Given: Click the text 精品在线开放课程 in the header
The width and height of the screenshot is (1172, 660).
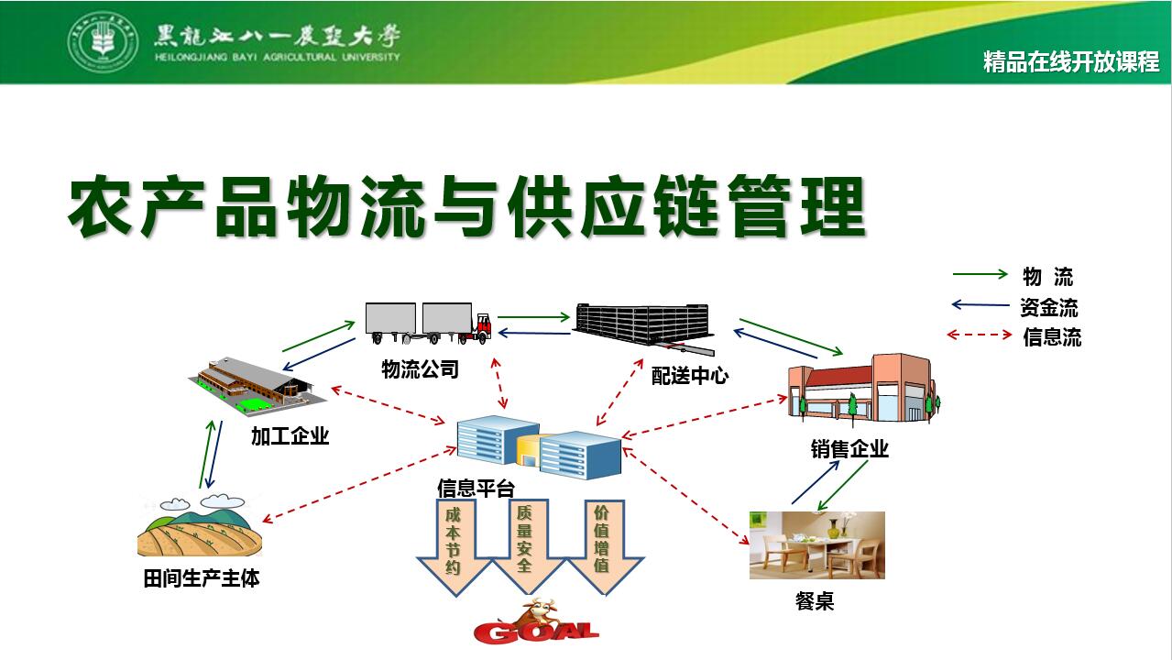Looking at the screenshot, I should (1070, 62).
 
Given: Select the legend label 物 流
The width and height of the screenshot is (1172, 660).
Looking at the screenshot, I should (1047, 277).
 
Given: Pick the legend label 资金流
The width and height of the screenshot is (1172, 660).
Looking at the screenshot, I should (1048, 307).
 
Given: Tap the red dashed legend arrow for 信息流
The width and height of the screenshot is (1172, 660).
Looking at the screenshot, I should (979, 335).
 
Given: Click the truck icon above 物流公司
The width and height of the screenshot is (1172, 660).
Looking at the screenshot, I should (428, 323).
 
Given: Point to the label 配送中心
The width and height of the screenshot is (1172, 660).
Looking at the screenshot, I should (689, 375).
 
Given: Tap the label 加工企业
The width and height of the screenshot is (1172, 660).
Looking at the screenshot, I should (290, 435).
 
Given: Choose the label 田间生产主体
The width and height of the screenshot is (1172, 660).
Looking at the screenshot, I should (202, 578).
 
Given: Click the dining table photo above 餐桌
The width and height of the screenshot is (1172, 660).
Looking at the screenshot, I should (816, 545).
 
